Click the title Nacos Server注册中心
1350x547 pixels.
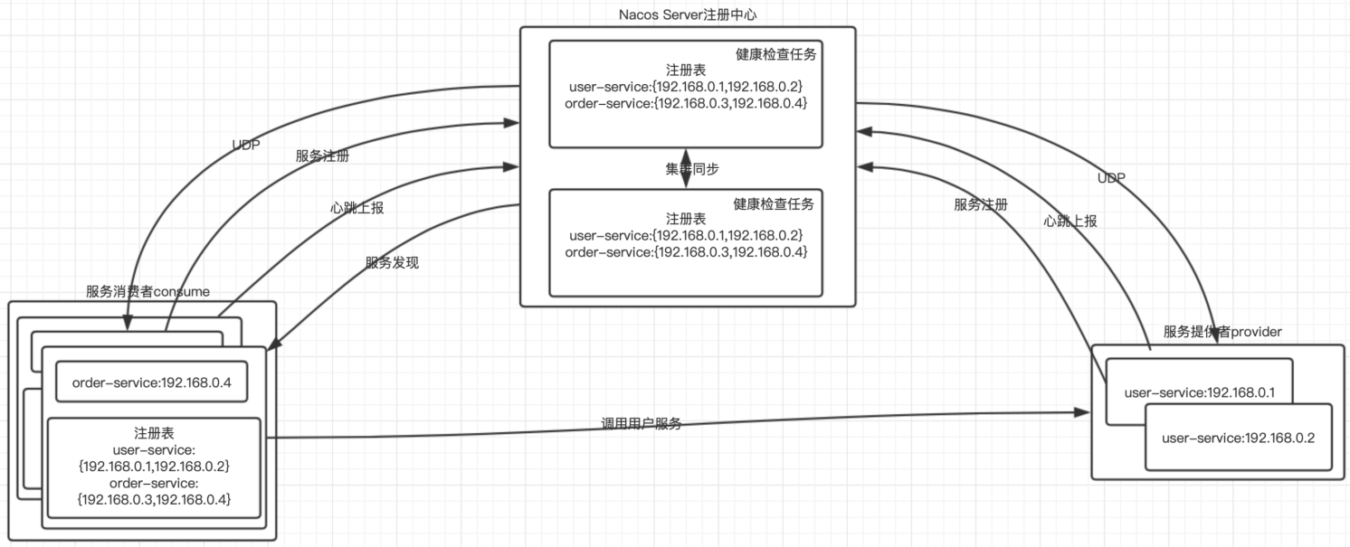pos(688,14)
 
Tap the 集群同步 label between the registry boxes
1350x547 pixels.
pos(692,169)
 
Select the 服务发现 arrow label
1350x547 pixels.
pos(392,263)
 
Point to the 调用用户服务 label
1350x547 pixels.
pos(642,423)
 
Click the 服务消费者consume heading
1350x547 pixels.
pos(147,291)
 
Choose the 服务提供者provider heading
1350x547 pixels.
pos(1222,331)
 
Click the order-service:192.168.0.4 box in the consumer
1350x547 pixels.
pos(152,382)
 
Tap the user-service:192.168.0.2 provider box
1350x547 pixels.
pos(1239,438)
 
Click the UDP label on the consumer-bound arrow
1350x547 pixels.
pos(246,146)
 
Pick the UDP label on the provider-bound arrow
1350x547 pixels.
pos(1111,178)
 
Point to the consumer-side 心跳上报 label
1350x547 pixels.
pos(357,208)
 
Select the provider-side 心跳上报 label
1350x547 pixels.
pos(1070,222)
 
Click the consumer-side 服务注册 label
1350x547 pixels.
pos(322,156)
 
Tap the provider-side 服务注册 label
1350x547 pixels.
pos(981,205)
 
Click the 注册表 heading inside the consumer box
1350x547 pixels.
pos(155,433)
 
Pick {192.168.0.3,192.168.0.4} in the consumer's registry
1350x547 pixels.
pos(155,499)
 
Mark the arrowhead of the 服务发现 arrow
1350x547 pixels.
pos(269,347)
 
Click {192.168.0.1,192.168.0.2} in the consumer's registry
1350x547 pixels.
pos(155,467)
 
